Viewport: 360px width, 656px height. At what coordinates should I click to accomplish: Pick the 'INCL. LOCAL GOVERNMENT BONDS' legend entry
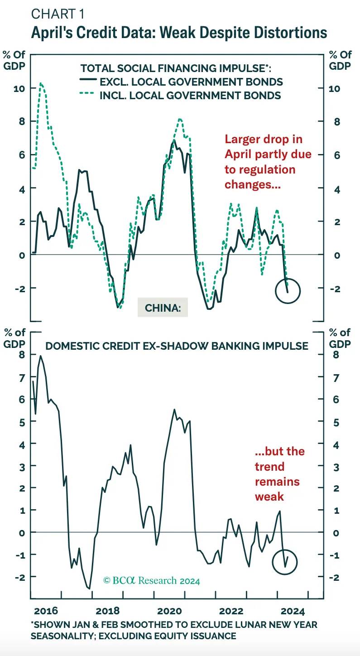click(x=190, y=96)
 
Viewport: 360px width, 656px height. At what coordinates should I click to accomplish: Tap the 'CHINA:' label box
click(x=163, y=308)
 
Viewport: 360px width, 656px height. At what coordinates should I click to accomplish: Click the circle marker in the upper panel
click(x=288, y=291)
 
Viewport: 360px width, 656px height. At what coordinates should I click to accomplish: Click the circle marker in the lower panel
click(x=285, y=562)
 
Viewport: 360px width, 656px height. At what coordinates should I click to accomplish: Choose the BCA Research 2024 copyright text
click(x=152, y=580)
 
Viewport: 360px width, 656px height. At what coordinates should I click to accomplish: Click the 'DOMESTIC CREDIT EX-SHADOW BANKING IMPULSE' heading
click(x=177, y=346)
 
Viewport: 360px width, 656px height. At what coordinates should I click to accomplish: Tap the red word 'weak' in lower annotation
click(x=269, y=496)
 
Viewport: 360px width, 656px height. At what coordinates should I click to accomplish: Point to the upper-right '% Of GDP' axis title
click(x=340, y=60)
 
